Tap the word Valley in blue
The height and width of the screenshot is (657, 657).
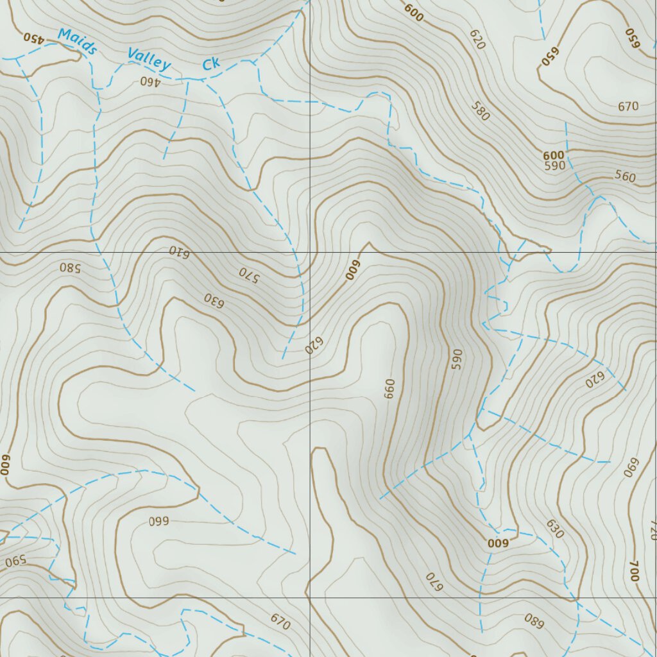tap(149, 60)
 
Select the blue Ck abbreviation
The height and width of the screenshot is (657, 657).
tap(211, 64)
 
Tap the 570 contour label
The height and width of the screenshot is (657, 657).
tap(248, 274)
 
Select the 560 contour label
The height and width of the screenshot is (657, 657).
tap(624, 176)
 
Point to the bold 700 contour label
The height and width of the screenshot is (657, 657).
tap(634, 571)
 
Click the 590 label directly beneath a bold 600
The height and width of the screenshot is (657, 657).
tap(554, 166)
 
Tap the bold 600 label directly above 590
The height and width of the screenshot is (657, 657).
tap(553, 155)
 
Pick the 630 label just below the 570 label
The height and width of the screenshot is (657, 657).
tap(214, 300)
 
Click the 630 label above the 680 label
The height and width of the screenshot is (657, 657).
tap(554, 529)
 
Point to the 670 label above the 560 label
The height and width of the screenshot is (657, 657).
tap(628, 107)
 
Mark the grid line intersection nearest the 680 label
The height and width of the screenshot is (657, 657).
tap(576, 598)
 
